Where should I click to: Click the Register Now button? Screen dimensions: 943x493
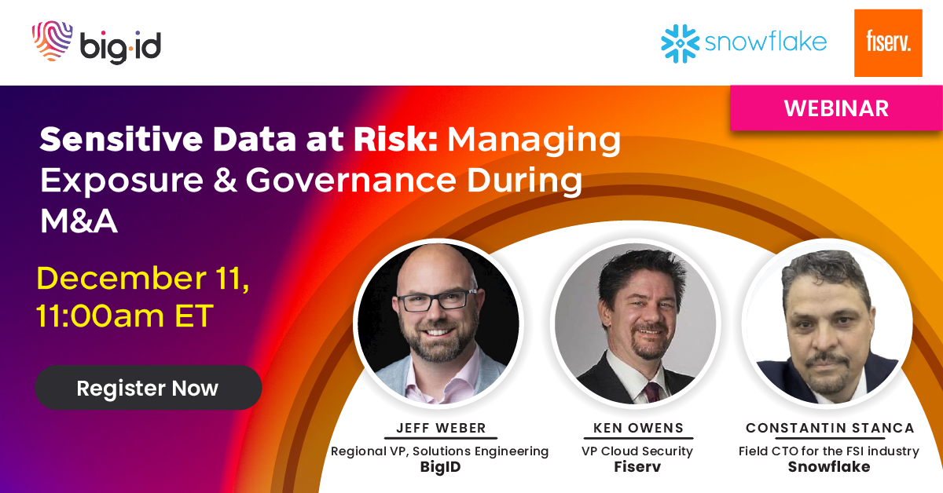pyautogui.click(x=149, y=388)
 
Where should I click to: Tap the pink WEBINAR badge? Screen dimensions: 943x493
pyautogui.click(x=836, y=108)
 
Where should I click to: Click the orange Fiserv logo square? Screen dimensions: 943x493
pyautogui.click(x=888, y=43)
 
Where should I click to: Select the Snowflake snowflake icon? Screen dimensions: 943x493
pyautogui.click(x=681, y=44)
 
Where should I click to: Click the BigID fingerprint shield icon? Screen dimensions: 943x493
pyautogui.click(x=52, y=41)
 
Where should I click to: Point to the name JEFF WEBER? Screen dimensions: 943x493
pyautogui.click(x=441, y=428)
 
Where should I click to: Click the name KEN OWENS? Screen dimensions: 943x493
pyautogui.click(x=638, y=428)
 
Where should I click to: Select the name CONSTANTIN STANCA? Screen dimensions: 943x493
pyautogui.click(x=830, y=428)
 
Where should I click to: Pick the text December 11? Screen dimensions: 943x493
pyautogui.click(x=143, y=279)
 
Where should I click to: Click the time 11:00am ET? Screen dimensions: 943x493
pyautogui.click(x=125, y=316)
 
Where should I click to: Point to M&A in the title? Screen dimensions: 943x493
pyautogui.click(x=79, y=221)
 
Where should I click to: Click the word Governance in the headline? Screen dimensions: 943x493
pyautogui.click(x=351, y=180)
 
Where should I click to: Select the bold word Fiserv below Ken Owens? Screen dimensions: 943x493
pyautogui.click(x=637, y=466)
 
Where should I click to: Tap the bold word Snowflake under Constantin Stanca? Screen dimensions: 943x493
pyautogui.click(x=829, y=466)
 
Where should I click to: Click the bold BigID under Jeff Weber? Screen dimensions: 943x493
pyautogui.click(x=440, y=467)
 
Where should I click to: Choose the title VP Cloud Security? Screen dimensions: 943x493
pyautogui.click(x=637, y=451)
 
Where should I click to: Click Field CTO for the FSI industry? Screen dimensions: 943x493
pyautogui.click(x=829, y=451)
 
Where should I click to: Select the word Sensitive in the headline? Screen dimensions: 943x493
pyautogui.click(x=121, y=139)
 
